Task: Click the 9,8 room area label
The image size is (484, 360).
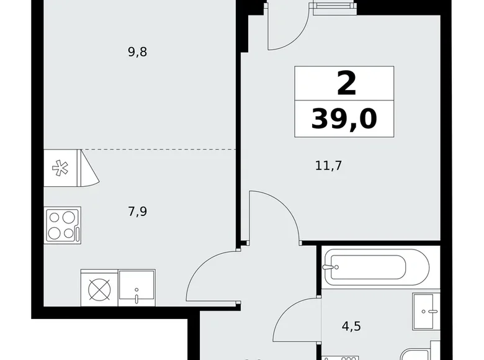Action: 137,52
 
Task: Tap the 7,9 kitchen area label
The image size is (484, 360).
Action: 137,211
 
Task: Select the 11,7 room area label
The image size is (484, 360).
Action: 329,165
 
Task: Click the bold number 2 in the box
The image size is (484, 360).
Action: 346,84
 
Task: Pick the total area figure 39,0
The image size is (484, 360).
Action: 344,117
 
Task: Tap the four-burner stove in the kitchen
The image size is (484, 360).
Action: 62,225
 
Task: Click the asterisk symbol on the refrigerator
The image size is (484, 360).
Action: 61,167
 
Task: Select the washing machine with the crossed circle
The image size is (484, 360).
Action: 99,288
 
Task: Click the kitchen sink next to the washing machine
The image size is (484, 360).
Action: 137,287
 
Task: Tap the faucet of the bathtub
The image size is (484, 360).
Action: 329,268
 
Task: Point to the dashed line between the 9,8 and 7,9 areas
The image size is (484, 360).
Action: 161,150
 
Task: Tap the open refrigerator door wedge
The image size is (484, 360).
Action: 89,167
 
